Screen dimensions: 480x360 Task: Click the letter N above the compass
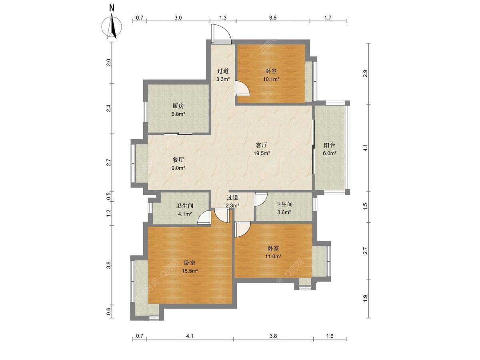112,8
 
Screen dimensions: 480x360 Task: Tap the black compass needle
113,26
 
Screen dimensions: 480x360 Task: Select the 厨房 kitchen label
178,106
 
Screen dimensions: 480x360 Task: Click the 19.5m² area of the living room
262,153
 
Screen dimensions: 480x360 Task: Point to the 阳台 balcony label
330,145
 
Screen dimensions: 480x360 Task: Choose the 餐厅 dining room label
178,160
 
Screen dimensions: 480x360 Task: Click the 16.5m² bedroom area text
190,271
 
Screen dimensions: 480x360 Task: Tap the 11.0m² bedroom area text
273,256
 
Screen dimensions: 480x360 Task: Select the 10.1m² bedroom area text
271,79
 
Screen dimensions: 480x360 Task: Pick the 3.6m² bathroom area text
284,212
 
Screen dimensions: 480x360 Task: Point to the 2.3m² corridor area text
232,206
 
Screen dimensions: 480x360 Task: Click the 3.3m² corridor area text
223,79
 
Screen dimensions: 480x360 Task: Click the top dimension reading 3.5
273,18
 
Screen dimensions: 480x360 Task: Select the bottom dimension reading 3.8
273,336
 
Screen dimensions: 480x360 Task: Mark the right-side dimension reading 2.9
365,74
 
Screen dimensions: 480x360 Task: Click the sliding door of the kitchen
178,134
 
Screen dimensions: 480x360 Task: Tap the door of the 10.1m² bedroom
243,88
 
